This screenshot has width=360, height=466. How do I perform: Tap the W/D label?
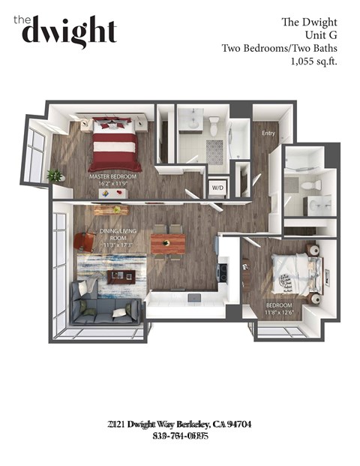217,187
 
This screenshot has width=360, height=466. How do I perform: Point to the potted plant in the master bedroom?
54,176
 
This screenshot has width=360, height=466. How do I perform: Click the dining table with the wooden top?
168,244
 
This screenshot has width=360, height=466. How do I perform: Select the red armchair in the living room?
85,240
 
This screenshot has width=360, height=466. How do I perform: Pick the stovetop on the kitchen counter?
223,271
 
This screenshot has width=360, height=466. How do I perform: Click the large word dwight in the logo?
69,32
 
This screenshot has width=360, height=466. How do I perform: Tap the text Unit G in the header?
319,35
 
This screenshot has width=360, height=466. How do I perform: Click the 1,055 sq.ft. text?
313,62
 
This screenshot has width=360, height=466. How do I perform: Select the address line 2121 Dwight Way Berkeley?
180,425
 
